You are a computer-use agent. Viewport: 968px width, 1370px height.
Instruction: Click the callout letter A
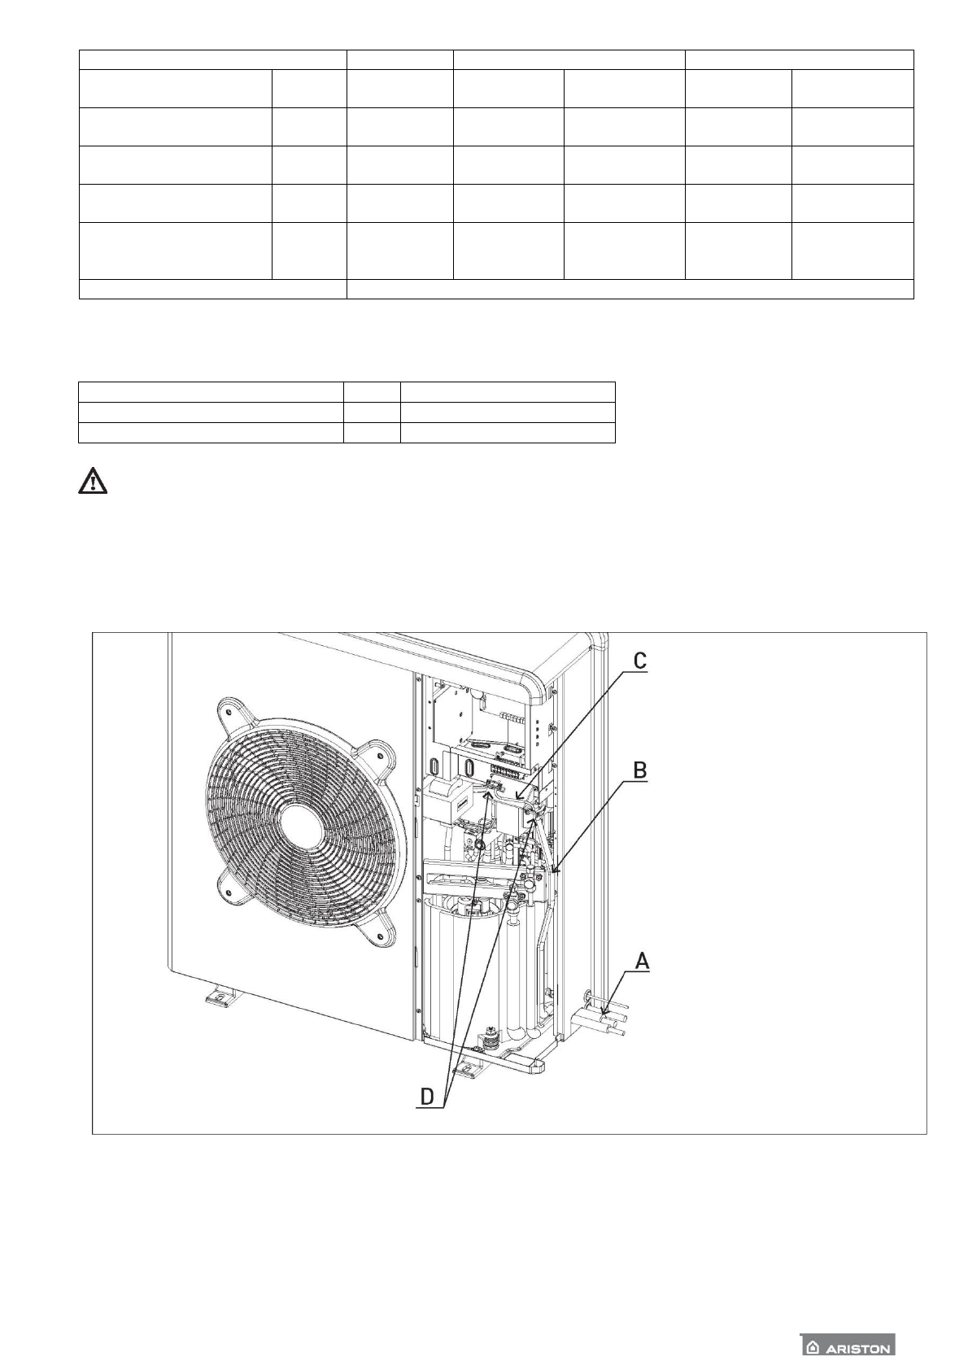[x=642, y=961]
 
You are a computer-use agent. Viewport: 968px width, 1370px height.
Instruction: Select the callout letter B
[x=640, y=770]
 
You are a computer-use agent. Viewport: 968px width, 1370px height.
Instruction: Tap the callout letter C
[x=640, y=661]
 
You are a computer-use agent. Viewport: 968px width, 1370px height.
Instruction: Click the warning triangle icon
[x=93, y=482]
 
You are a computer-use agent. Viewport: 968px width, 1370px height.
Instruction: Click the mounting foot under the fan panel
[x=218, y=995]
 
